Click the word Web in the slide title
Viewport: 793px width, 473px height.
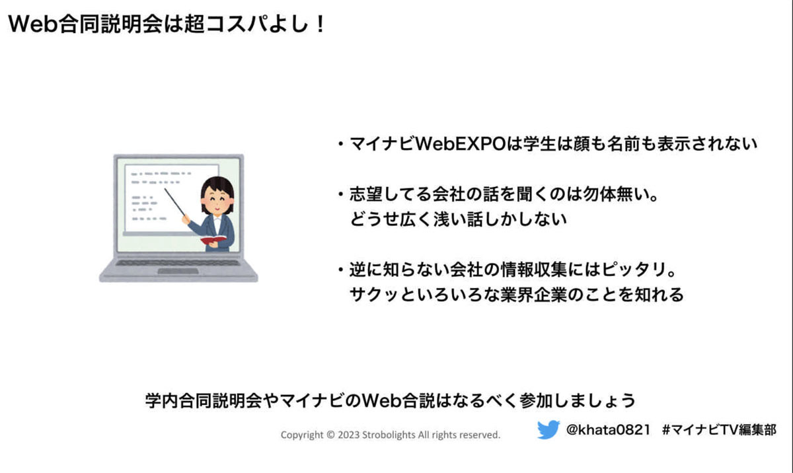(x=33, y=24)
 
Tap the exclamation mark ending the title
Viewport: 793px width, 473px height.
(x=321, y=24)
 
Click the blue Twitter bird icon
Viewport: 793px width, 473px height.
(x=548, y=429)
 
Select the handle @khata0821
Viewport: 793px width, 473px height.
(x=608, y=429)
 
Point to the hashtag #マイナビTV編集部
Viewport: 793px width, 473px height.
(x=719, y=430)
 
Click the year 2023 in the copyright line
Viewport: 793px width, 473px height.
(x=348, y=435)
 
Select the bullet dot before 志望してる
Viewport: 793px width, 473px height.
(x=341, y=194)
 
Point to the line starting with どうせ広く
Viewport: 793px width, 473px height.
(x=458, y=219)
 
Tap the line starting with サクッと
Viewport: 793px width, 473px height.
(x=517, y=295)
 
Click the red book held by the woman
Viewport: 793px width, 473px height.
(x=213, y=240)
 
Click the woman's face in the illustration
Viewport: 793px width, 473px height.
(x=217, y=202)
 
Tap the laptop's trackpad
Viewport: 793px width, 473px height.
(x=178, y=271)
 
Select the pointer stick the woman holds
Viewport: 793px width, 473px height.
(x=174, y=202)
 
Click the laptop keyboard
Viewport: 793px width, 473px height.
(x=178, y=263)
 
